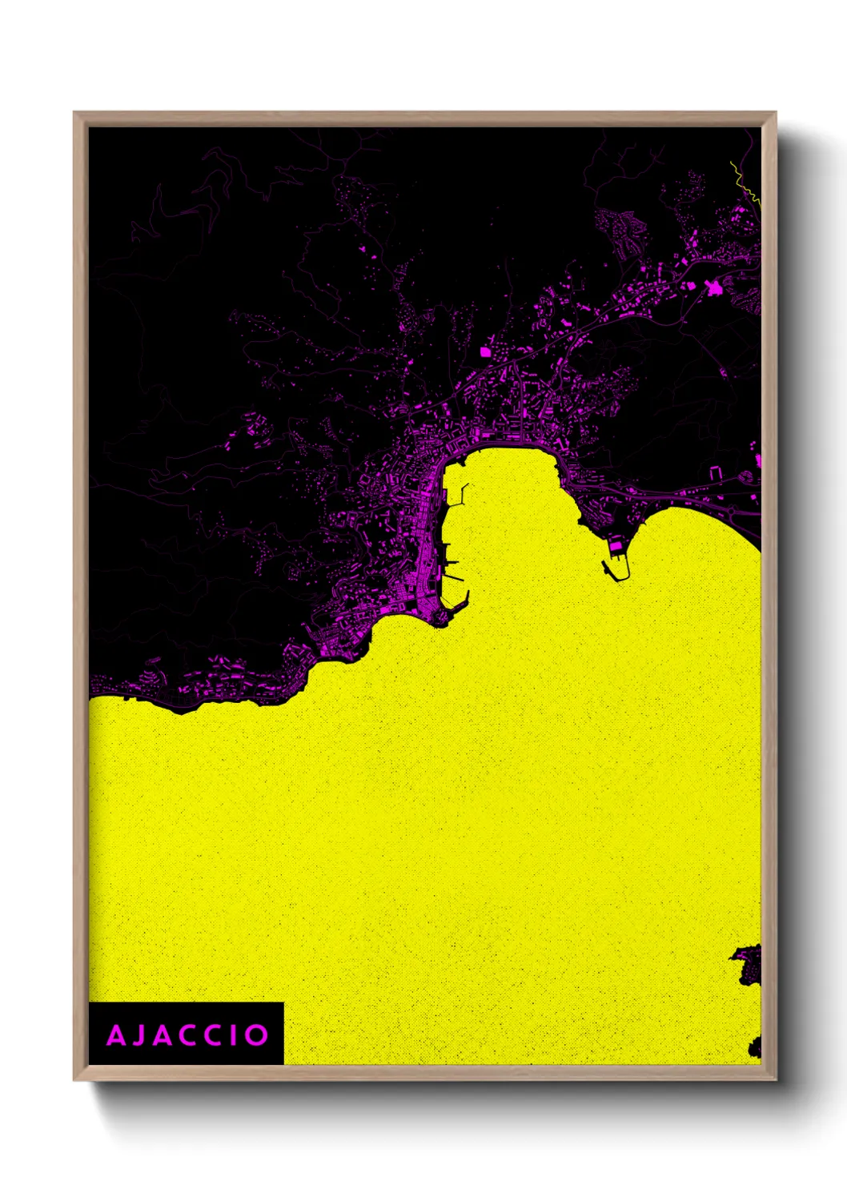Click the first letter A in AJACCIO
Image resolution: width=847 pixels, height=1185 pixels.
click(x=116, y=1035)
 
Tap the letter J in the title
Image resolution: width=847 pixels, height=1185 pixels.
click(x=138, y=1035)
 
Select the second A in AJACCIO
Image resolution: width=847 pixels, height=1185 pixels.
click(x=162, y=1035)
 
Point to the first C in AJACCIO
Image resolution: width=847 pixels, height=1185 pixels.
click(x=187, y=1035)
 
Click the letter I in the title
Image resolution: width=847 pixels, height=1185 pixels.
click(x=233, y=1035)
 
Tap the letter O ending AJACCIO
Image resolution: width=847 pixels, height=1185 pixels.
click(x=256, y=1035)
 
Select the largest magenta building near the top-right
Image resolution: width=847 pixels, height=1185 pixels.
click(x=712, y=289)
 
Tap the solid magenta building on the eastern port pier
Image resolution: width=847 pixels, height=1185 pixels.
click(x=616, y=546)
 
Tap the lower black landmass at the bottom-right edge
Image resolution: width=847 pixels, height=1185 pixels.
click(x=755, y=1046)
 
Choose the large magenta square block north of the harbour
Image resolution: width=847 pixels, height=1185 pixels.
click(x=484, y=351)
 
